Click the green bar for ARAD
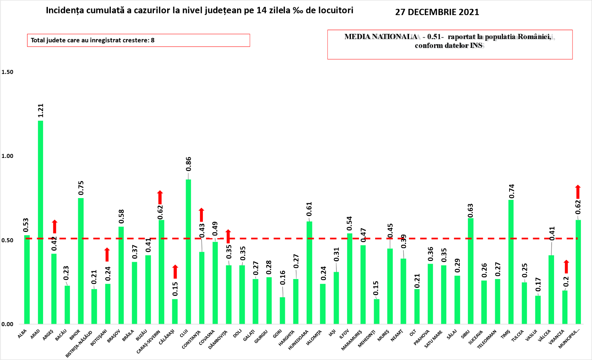pos(40,222)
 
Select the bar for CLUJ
pos(188,252)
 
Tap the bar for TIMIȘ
pos(511,262)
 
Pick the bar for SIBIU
pos(471,271)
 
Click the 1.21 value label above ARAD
pos(40,111)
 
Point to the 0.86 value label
pos(188,164)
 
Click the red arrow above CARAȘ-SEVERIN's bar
pos(160,198)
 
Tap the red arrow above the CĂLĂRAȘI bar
pos(175,272)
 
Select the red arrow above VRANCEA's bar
pos(566,267)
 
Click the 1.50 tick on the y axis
pos(7,72)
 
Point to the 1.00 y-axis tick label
pos(7,156)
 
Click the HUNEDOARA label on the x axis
pos(299,340)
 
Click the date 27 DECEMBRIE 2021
pos(437,12)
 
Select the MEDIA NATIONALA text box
pos(450,44)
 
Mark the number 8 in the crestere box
pos(153,40)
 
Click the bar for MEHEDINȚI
pos(377,311)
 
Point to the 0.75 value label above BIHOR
pos(81,188)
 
